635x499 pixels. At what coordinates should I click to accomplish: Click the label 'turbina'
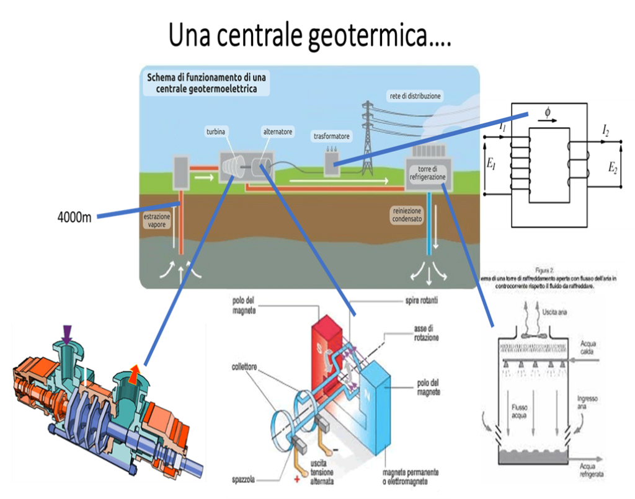(x=215, y=132)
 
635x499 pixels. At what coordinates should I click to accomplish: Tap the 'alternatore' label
(x=278, y=132)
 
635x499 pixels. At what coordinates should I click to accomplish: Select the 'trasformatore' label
(x=332, y=136)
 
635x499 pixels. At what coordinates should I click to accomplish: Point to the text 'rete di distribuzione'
(x=415, y=96)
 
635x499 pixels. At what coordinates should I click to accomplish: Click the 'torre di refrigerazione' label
(x=428, y=172)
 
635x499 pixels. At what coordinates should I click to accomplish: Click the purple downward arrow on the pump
(x=67, y=334)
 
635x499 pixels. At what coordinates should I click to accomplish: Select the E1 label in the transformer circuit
(x=492, y=164)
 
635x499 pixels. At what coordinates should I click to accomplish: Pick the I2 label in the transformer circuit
(x=605, y=130)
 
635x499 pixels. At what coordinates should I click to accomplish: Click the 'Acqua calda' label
(x=590, y=346)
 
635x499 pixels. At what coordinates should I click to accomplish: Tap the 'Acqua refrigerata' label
(x=592, y=470)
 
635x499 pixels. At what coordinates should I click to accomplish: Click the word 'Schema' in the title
(x=161, y=78)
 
